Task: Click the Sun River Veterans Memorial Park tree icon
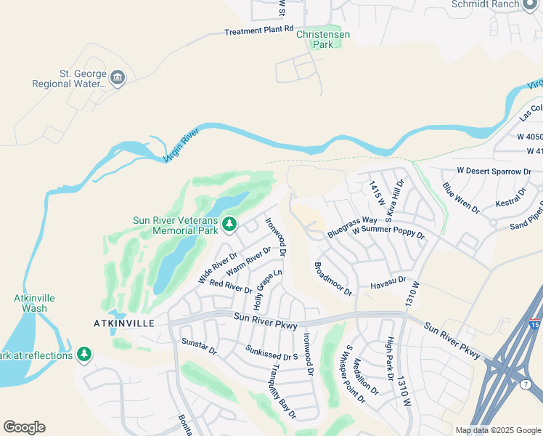coord(229,222)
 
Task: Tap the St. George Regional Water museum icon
coord(118,76)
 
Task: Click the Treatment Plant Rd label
coord(258,31)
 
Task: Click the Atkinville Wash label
coord(34,303)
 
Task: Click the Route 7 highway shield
coord(526,383)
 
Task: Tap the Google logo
coord(24,427)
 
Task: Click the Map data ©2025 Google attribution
coord(497,430)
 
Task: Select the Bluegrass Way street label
coord(352,226)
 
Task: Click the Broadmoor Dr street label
coord(333,279)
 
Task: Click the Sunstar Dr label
coord(199,346)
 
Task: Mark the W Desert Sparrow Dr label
coord(494,171)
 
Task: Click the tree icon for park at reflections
coord(85,355)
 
